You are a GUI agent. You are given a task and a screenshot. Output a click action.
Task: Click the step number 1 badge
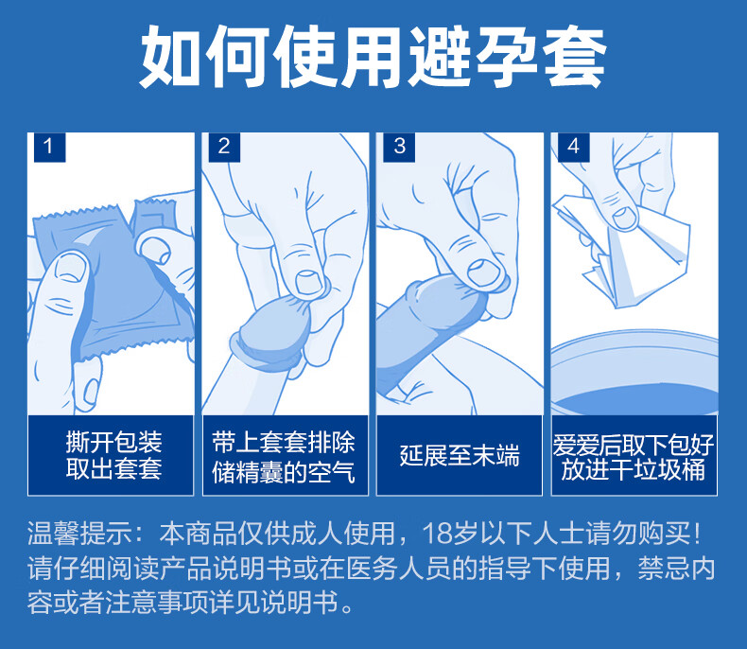49,148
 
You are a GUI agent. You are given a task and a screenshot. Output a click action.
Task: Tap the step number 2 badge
224,148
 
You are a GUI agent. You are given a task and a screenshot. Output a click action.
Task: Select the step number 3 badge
399,148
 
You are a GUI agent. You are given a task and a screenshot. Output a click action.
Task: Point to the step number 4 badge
574,148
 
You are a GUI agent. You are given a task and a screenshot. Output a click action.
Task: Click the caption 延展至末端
460,456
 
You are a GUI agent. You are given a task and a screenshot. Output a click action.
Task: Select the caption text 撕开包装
113,442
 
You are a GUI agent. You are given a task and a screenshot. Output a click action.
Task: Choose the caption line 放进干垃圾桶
634,470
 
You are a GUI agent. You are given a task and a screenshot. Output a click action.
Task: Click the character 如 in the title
169,56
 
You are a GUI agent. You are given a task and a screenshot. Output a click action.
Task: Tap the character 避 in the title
441,56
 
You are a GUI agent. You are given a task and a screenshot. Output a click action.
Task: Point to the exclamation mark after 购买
697,534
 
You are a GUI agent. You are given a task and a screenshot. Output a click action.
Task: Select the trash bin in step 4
634,373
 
